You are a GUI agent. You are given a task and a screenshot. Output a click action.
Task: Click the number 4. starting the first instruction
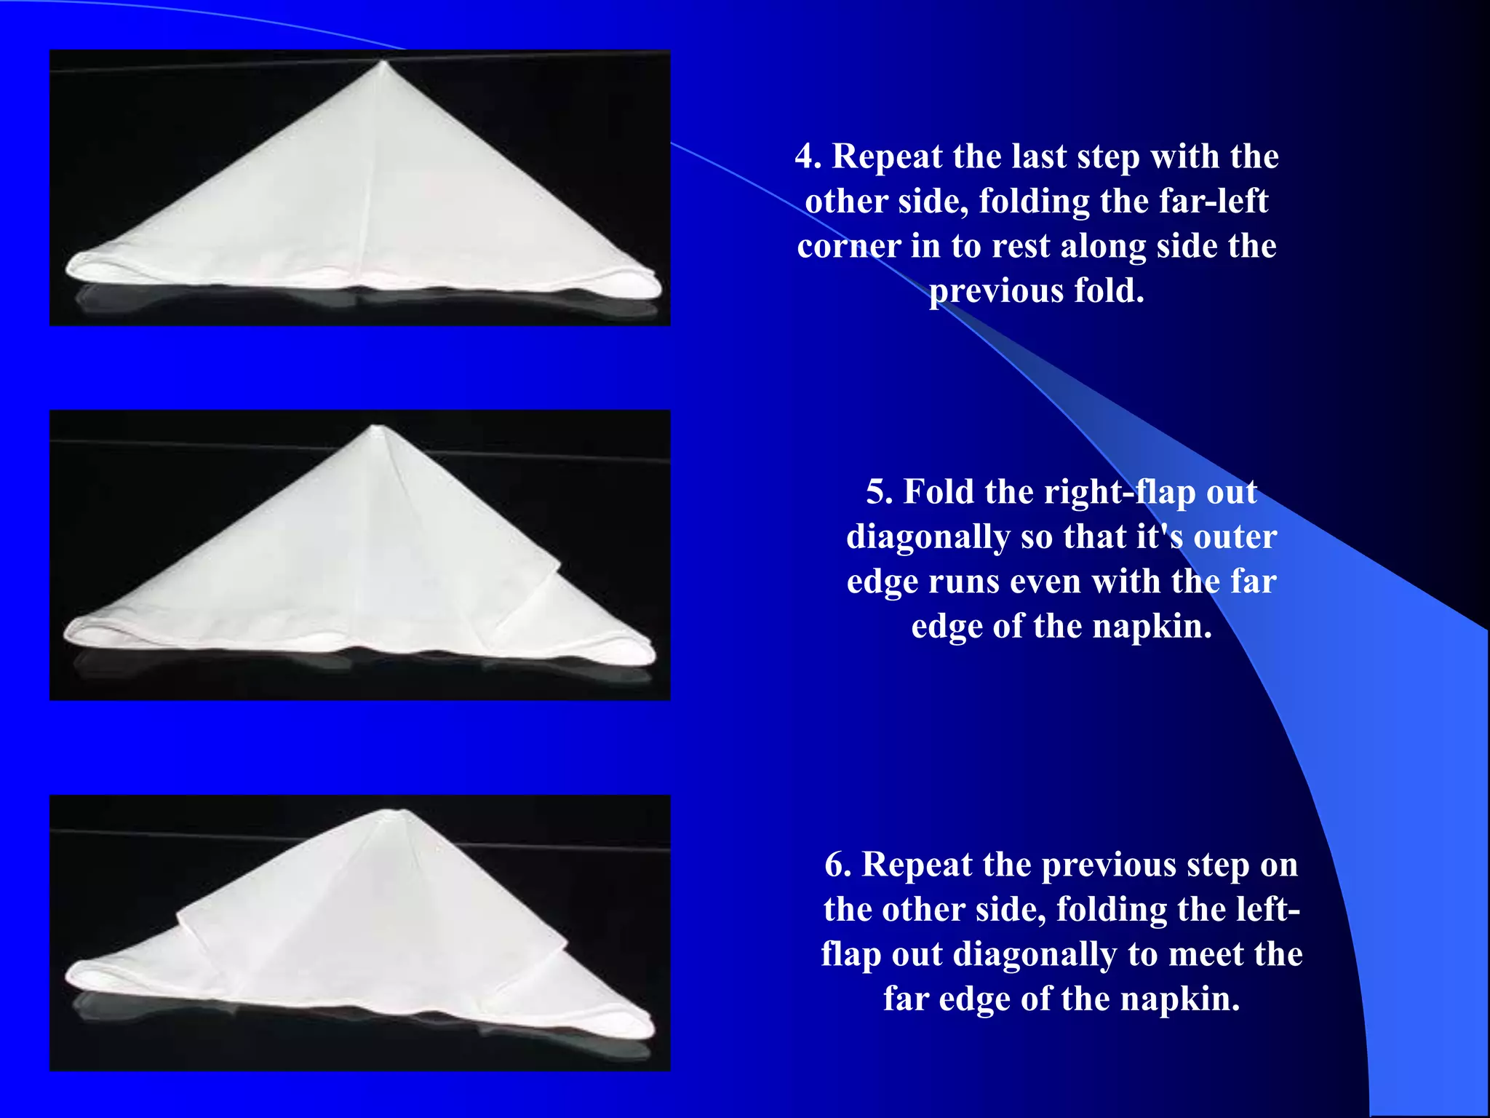(x=808, y=157)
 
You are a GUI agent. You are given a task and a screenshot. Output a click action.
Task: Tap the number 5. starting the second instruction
(x=879, y=493)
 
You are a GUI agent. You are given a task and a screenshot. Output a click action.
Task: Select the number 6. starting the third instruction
(x=837, y=865)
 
